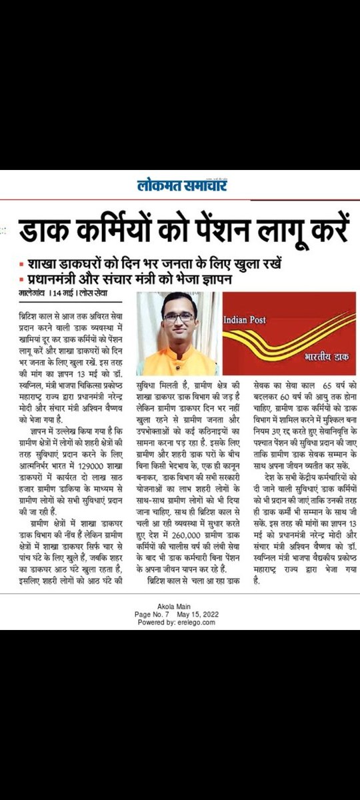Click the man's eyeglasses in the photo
coord(179,317)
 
